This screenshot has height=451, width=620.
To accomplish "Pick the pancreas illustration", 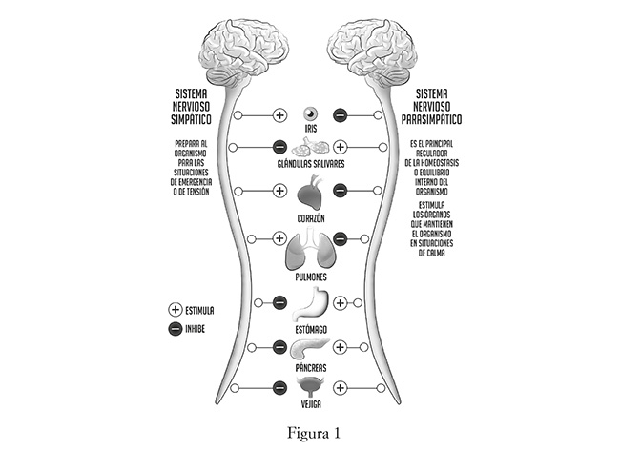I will click(310, 349).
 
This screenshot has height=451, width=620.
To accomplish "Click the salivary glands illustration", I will click(310, 148).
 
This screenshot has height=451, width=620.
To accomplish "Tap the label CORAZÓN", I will click(310, 218).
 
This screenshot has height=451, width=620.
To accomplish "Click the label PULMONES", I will click(310, 277).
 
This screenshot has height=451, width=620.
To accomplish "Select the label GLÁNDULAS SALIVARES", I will click(310, 163).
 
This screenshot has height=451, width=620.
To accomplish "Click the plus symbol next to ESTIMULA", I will click(176, 310).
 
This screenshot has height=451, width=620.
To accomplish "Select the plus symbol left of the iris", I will click(279, 114).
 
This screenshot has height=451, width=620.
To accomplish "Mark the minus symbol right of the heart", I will click(341, 190).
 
